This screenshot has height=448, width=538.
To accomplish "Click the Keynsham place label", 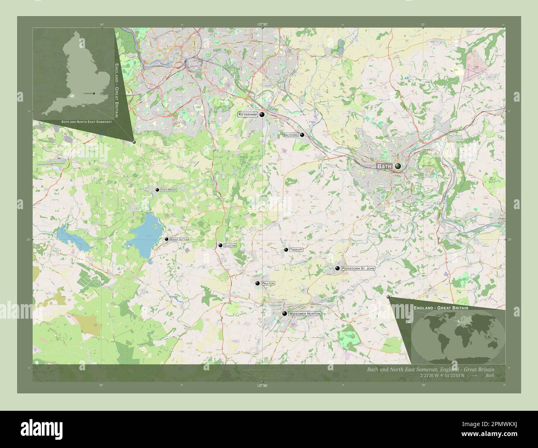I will [248, 114].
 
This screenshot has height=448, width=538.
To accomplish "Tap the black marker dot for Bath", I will [398, 166].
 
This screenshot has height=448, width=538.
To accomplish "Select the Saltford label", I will [291, 135].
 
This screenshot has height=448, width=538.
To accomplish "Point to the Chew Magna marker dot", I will [157, 190].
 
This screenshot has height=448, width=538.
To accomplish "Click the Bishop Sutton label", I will [179, 239].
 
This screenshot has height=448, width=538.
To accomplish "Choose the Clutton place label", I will [230, 245].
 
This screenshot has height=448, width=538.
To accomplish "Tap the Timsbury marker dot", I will [286, 250].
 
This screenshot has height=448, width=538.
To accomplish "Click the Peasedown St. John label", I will [358, 269].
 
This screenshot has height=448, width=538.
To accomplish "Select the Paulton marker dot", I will [257, 284].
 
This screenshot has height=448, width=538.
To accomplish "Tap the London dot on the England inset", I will [94, 93].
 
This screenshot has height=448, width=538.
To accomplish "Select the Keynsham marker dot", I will [262, 114].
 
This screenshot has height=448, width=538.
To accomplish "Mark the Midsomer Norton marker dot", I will [285, 314].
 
